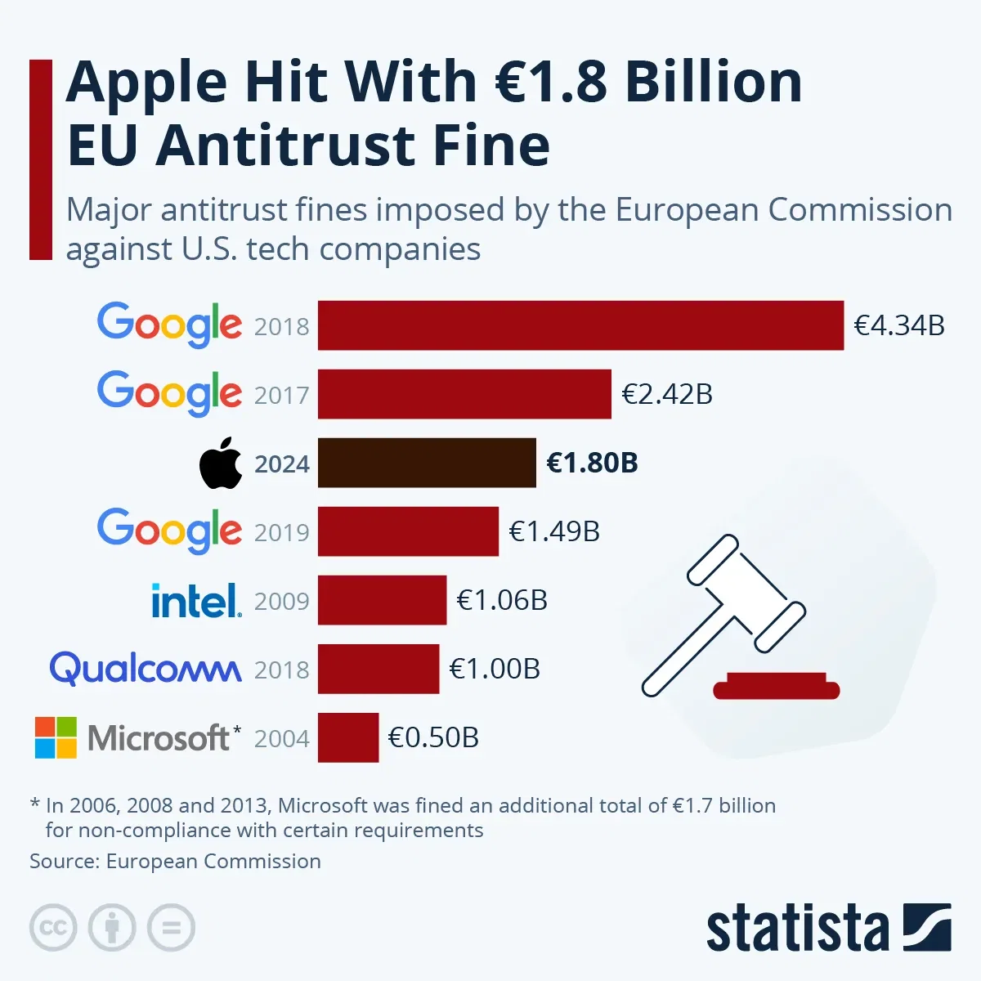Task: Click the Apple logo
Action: (x=221, y=464)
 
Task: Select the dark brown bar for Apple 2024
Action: (x=427, y=463)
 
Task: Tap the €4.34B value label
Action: (x=899, y=325)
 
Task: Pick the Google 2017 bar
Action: (x=464, y=394)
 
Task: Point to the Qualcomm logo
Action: (x=146, y=669)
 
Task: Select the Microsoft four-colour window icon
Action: (x=56, y=737)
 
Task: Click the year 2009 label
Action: (x=282, y=602)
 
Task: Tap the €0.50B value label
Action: (x=433, y=737)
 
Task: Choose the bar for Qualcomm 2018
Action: (x=379, y=669)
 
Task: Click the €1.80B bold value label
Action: (x=592, y=463)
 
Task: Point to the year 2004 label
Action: (x=282, y=739)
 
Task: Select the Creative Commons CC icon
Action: (x=53, y=928)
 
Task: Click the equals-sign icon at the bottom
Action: (x=171, y=928)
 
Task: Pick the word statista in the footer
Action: (x=797, y=929)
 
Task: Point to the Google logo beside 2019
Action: (x=169, y=531)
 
